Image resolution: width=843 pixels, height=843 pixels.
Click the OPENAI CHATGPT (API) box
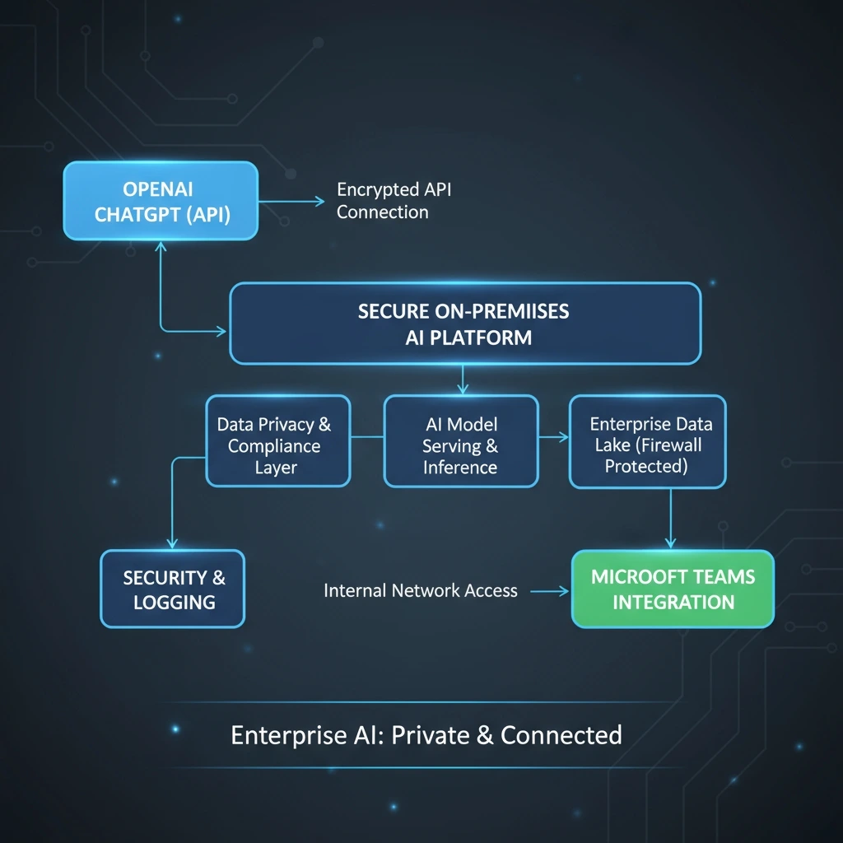pos(161,201)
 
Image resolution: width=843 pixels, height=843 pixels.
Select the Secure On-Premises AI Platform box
pos(465,323)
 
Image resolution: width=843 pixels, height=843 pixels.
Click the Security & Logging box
pos(173,589)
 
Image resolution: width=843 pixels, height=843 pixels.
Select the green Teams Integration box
pos(673,589)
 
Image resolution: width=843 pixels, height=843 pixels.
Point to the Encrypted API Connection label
pos(394,201)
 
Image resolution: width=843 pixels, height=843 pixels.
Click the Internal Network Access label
pos(421,590)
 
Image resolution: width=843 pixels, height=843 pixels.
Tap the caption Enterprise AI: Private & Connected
pos(426,734)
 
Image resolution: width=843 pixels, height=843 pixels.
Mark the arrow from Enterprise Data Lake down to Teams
pos(670,519)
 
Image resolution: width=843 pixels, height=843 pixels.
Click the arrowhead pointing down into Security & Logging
pos(172,543)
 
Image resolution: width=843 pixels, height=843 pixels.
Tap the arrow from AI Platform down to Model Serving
pos(463,380)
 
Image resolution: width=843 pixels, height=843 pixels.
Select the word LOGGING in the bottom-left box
pos(174,602)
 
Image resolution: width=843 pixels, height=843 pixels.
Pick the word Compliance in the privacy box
pos(274,446)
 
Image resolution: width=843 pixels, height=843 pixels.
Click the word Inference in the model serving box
pos(460,468)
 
